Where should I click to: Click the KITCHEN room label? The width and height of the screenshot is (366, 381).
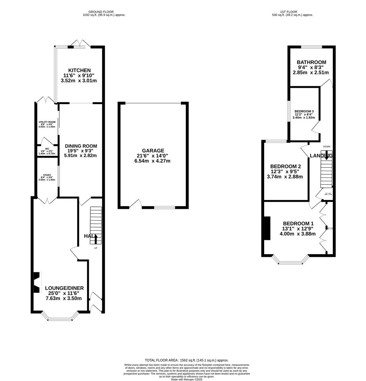point(79,71)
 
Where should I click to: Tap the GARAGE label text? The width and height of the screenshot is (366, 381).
point(153,151)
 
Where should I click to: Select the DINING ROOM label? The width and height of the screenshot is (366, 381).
point(81,146)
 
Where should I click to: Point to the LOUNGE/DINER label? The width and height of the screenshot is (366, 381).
point(64,288)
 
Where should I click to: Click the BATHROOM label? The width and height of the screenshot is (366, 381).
point(311,62)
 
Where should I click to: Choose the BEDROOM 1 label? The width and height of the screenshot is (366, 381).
point(298,223)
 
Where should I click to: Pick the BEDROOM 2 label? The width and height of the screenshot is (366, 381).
point(285,167)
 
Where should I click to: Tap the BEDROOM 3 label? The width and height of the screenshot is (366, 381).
point(304,111)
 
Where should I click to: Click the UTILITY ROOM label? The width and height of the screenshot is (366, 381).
point(47,122)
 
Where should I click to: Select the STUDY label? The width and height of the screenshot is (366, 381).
point(47,175)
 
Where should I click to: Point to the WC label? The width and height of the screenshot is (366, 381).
point(47,149)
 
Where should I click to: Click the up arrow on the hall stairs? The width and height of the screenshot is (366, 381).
point(96,240)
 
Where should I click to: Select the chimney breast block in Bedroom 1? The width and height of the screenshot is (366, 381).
point(267,228)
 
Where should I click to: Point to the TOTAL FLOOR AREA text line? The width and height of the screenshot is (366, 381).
point(187,360)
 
